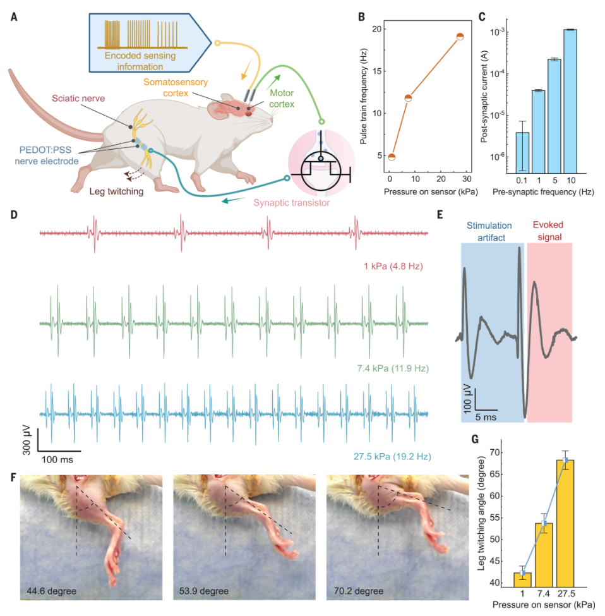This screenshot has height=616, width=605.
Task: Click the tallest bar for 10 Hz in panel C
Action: pos(570,101)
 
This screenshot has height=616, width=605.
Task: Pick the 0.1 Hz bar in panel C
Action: pos(522,152)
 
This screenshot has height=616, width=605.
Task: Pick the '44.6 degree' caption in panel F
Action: pos(51,592)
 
